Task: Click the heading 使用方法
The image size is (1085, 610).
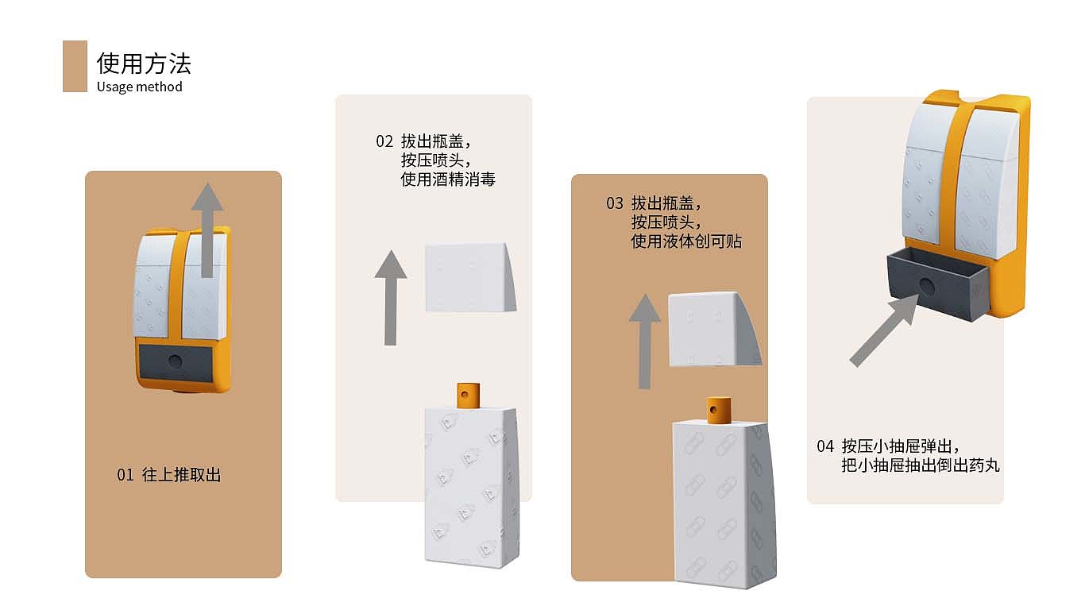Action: click(x=144, y=64)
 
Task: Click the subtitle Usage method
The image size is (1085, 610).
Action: click(x=140, y=87)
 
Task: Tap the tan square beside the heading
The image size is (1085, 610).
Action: click(x=75, y=66)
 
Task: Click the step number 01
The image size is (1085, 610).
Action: click(x=125, y=475)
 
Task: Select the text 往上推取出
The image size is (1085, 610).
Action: click(x=181, y=475)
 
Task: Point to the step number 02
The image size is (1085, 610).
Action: click(x=384, y=141)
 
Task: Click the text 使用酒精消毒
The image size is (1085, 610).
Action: click(x=448, y=180)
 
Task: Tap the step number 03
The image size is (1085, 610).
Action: click(x=615, y=203)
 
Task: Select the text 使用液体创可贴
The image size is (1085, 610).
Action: click(x=686, y=241)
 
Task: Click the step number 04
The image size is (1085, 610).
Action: click(x=825, y=446)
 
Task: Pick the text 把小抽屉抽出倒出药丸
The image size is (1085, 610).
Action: click(x=920, y=466)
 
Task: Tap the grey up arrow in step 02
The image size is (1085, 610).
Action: click(x=390, y=297)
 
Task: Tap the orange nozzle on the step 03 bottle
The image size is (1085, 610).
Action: click(x=718, y=408)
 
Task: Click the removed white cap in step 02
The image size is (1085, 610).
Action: click(x=469, y=277)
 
